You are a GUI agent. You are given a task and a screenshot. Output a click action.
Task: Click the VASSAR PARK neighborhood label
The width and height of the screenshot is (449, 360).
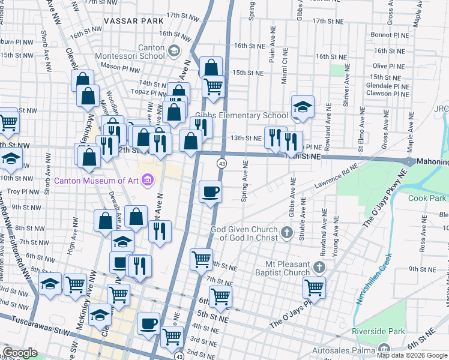tap(130, 21)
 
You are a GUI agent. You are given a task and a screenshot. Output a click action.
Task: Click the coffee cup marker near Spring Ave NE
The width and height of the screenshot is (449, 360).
tap(210, 192)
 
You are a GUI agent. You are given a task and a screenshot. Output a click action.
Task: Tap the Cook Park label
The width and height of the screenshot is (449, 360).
tap(427, 198)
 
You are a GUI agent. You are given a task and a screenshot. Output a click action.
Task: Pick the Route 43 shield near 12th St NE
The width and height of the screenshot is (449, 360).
tap(222, 163)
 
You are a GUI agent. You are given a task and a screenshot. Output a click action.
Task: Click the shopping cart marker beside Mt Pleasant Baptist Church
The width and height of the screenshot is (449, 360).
tap(314, 287)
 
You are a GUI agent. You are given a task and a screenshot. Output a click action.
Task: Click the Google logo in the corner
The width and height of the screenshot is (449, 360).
tap(20, 353)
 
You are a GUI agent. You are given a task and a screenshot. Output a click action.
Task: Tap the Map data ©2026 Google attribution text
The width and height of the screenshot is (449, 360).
tap(412, 355)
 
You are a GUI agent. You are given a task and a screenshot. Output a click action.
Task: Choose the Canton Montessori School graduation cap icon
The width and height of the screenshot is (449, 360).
tap(175, 51)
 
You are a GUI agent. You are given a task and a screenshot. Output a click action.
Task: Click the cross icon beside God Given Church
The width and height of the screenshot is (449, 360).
tap(287, 232)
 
